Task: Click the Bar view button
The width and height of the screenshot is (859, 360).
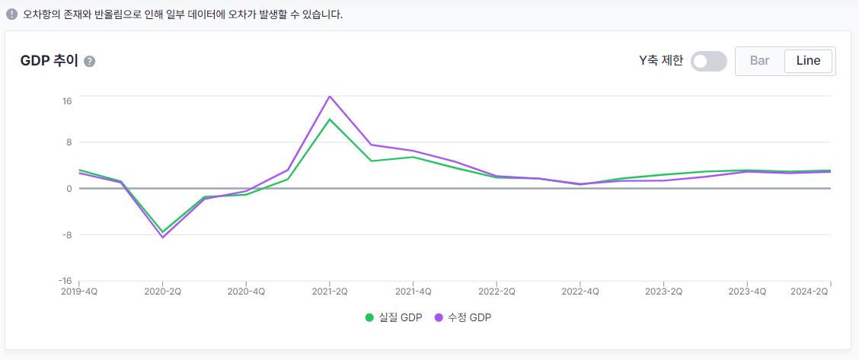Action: tap(759, 61)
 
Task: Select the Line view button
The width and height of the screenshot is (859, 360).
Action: tap(808, 61)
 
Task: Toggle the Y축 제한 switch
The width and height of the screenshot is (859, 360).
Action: tap(708, 62)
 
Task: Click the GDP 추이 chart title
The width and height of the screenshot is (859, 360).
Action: tap(49, 62)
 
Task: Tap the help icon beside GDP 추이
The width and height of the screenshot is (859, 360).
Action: tap(90, 62)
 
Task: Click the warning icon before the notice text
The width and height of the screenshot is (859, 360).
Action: tap(11, 14)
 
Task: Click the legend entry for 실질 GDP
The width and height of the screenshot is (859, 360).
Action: tap(393, 317)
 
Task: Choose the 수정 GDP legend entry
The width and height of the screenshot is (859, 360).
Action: tap(463, 317)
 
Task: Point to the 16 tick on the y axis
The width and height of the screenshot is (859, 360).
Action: tap(66, 100)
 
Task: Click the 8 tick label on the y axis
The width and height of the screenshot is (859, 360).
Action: tap(69, 142)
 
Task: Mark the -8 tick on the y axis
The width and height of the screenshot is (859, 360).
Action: tap(66, 234)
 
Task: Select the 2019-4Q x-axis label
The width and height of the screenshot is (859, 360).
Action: tap(79, 292)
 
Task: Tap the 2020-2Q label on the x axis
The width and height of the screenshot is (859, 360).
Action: tap(162, 292)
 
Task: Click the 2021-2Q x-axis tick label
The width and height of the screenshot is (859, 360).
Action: tap(329, 292)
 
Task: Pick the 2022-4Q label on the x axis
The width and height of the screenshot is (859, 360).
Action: tap(581, 292)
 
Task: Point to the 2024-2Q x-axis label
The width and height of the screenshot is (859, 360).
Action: tap(810, 292)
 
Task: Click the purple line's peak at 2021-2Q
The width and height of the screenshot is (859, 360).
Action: tap(330, 96)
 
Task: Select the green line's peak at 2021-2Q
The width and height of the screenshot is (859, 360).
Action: tap(330, 119)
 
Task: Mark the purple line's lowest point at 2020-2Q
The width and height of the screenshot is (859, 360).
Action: tap(162, 237)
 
